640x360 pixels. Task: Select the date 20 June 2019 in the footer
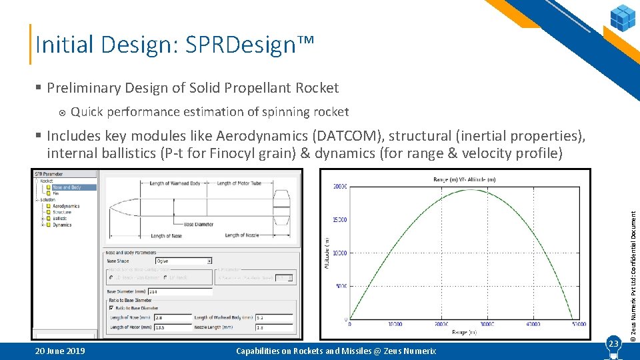[x=59, y=351]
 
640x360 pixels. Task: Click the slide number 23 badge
[x=614, y=343]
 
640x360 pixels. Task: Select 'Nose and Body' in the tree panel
[x=67, y=187]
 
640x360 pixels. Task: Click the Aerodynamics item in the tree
[x=66, y=206]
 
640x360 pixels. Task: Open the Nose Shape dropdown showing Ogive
[x=183, y=261]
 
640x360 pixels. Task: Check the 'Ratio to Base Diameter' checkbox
[x=111, y=307]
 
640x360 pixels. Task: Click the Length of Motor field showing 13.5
[x=170, y=327]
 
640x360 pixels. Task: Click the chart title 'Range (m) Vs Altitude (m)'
[x=465, y=179]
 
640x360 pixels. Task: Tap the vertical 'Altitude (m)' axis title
[x=326, y=253]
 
